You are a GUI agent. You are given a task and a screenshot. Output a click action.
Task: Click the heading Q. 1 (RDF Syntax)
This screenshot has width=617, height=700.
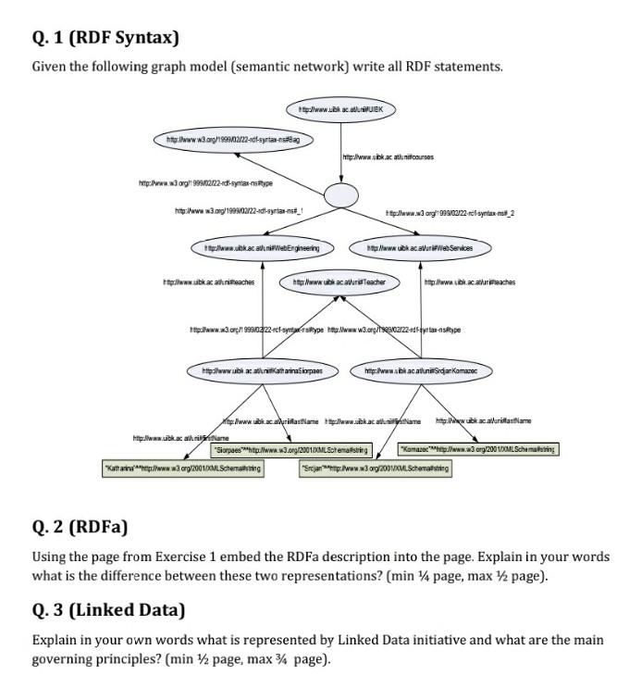105,38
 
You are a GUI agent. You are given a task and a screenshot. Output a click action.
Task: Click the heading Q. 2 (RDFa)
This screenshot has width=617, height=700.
80,528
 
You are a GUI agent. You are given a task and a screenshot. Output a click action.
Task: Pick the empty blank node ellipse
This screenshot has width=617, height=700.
339,195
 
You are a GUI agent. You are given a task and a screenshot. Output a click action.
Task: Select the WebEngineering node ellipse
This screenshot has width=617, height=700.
262,248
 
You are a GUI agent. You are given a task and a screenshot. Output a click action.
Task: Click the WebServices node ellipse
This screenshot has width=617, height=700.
421,248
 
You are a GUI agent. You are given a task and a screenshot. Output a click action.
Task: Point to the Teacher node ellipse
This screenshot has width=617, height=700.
339,281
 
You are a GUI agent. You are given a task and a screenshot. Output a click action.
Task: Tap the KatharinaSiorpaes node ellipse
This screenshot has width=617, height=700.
262,371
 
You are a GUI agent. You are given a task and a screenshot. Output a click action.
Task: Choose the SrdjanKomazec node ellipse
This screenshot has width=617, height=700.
421,371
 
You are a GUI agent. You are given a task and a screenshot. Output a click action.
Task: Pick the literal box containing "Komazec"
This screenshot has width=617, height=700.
476,450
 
